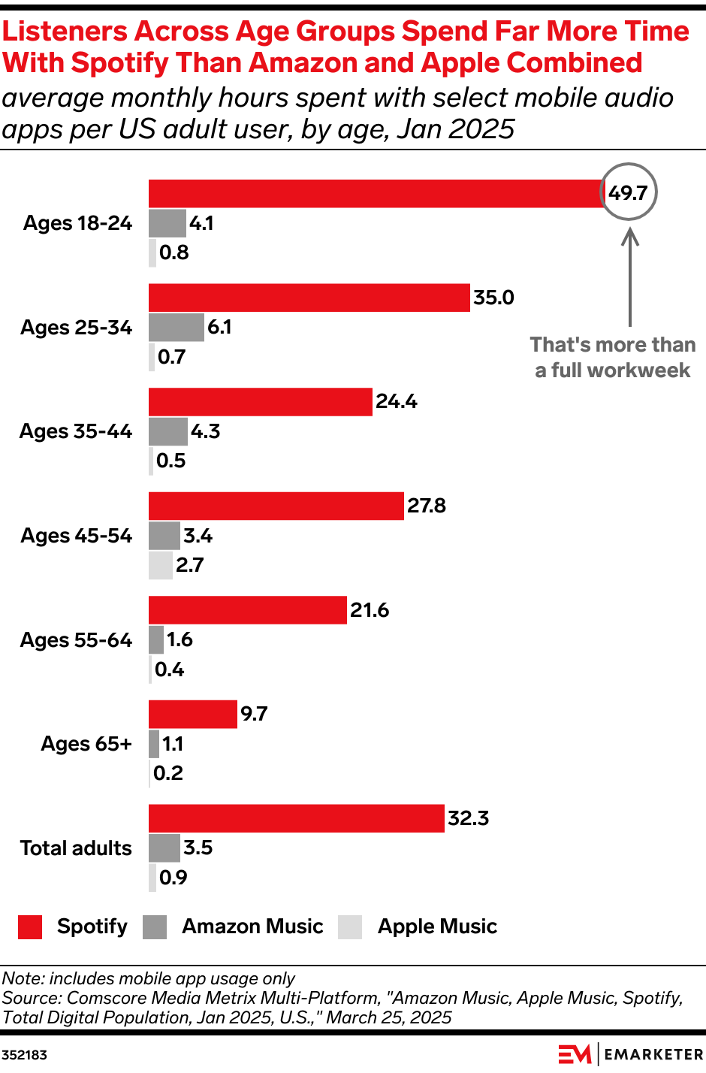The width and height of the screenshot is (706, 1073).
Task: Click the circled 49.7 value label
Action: [628, 193]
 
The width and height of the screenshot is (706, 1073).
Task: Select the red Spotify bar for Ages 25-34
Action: [309, 298]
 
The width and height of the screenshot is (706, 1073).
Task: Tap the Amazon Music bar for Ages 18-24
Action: [167, 223]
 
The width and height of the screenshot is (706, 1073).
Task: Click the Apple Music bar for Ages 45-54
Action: [160, 565]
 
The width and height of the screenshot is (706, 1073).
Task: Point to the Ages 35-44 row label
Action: [75, 431]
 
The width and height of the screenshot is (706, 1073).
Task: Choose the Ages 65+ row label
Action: [86, 744]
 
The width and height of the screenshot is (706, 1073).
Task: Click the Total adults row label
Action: [75, 848]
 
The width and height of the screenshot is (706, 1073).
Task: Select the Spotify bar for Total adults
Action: [296, 818]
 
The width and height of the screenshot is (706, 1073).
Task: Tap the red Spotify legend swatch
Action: [30, 927]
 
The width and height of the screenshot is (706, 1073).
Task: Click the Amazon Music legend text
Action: [252, 926]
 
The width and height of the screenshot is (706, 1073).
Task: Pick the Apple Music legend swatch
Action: [350, 927]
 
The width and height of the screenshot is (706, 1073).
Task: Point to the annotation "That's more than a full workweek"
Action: [612, 358]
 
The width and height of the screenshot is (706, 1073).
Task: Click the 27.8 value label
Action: [427, 506]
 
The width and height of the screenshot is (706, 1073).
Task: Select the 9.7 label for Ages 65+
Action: [254, 714]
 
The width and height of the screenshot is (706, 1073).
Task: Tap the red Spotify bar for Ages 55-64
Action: [247, 610]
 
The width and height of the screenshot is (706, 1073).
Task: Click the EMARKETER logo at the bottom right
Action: [630, 1054]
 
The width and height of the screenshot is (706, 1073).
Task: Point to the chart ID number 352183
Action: [24, 1055]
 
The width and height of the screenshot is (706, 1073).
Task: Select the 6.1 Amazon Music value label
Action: [219, 327]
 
